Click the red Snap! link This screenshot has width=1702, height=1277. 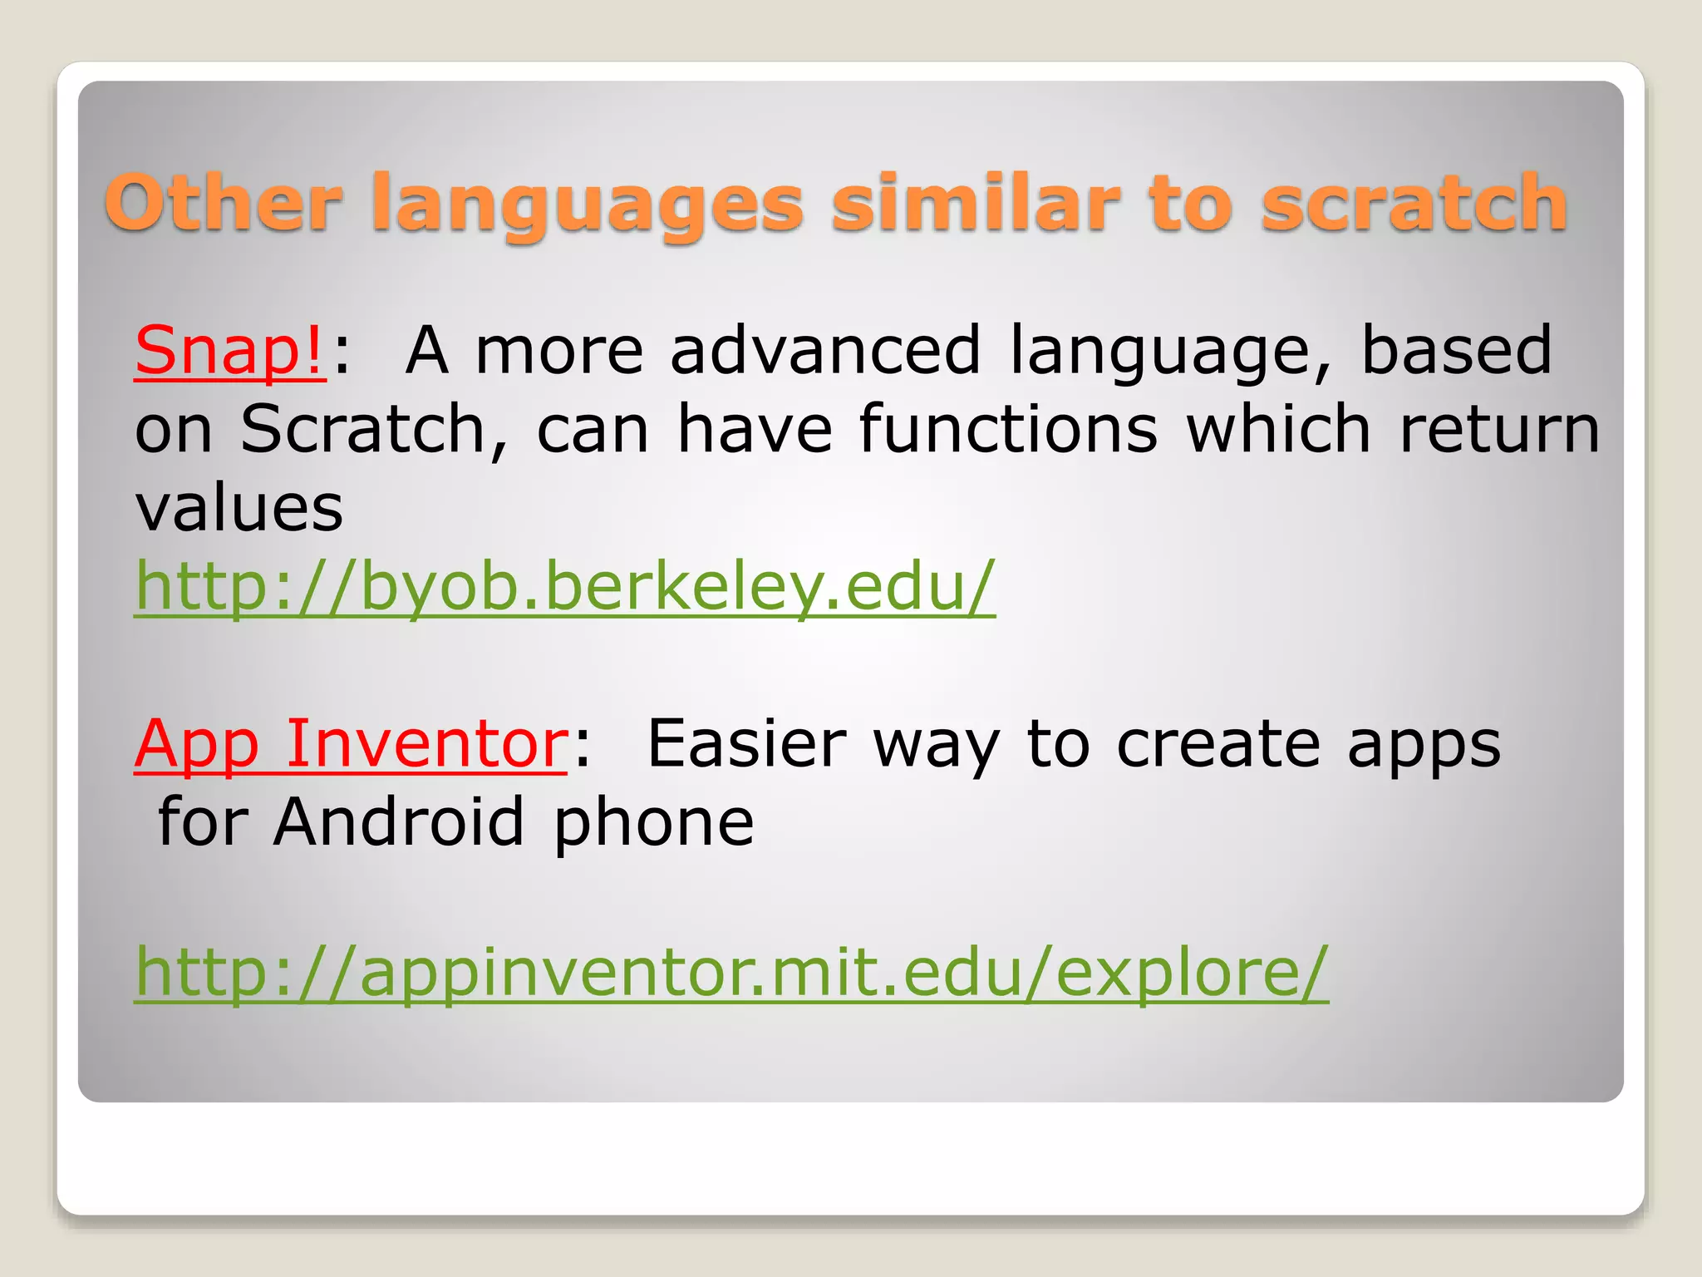pyautogui.click(x=229, y=351)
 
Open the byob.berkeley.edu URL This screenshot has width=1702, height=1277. pyautogui.click(x=565, y=587)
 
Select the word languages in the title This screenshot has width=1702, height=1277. pyautogui.click(x=587, y=205)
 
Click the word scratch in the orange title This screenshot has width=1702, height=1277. pyautogui.click(x=1413, y=203)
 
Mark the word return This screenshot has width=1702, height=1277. pyautogui.click(x=1499, y=430)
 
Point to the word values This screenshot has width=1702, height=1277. pyautogui.click(x=239, y=508)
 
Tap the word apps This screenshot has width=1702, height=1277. pyautogui.click(x=1424, y=745)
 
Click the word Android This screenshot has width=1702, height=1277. pyautogui.click(x=399, y=821)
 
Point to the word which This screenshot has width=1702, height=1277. pyautogui.click(x=1278, y=430)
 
